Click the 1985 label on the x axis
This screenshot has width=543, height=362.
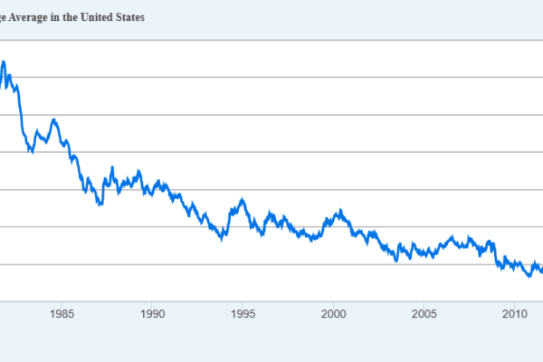click(x=62, y=315)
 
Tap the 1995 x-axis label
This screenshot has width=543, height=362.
click(x=243, y=315)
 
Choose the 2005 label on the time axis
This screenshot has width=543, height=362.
click(x=424, y=315)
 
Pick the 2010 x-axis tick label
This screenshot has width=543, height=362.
click(x=514, y=315)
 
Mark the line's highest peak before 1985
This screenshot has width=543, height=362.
click(x=4, y=62)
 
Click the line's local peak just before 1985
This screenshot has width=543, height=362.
click(x=53, y=119)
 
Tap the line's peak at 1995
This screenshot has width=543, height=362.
click(x=242, y=199)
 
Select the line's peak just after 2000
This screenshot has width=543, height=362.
click(x=339, y=211)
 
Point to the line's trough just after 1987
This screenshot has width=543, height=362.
click(x=100, y=204)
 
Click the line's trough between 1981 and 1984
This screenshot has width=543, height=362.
click(x=31, y=152)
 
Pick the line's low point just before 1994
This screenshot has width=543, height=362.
click(x=222, y=239)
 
